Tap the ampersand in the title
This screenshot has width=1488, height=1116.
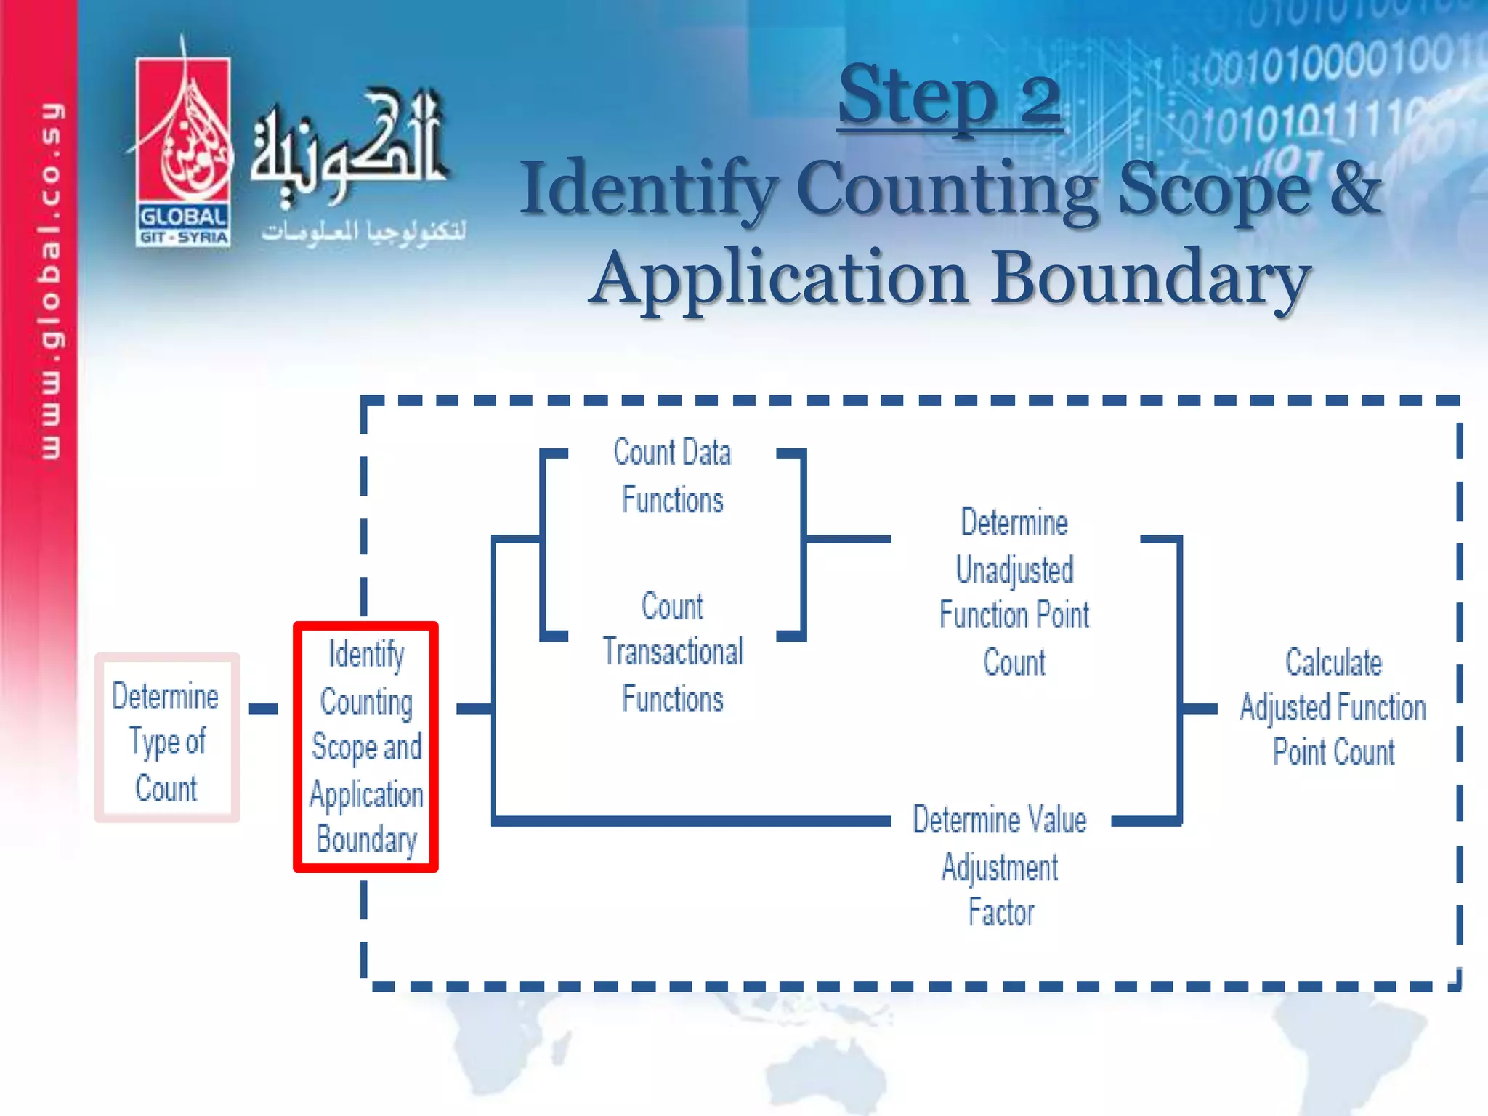click(x=1355, y=187)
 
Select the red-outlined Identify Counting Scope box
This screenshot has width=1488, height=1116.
click(x=365, y=747)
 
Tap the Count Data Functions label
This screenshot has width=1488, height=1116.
click(x=672, y=476)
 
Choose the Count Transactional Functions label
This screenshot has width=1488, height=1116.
click(x=673, y=652)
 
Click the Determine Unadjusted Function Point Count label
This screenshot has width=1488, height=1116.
click(x=1014, y=592)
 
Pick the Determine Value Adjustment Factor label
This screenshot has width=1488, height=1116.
click(x=1000, y=865)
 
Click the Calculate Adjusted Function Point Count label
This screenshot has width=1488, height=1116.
click(x=1333, y=707)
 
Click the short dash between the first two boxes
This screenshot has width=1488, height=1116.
click(x=263, y=709)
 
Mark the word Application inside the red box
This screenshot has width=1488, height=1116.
click(x=366, y=794)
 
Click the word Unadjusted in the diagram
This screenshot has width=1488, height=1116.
click(x=1014, y=570)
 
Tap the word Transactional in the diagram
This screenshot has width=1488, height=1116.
click(x=673, y=652)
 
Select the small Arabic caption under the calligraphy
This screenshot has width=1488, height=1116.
click(x=363, y=232)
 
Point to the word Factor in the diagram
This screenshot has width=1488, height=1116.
click(x=1001, y=913)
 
